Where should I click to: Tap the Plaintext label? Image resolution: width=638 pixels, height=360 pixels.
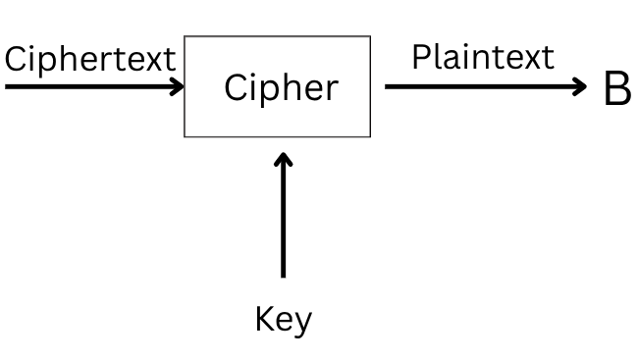(482, 56)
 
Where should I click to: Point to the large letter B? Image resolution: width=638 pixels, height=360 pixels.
(616, 89)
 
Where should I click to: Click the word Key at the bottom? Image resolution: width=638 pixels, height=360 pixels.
(283, 321)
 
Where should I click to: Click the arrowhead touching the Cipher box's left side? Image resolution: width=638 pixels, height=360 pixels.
(178, 86)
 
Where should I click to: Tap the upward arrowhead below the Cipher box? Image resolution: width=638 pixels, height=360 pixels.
(284, 159)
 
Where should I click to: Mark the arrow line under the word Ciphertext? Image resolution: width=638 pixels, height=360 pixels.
(88, 86)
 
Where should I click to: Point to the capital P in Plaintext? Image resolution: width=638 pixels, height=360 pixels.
(420, 56)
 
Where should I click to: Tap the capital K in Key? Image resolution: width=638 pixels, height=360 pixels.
(264, 320)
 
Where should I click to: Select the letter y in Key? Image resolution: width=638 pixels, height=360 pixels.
(301, 324)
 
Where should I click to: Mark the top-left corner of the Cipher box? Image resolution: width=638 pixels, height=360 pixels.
(186, 37)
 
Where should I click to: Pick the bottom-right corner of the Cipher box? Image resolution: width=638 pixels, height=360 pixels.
(371, 136)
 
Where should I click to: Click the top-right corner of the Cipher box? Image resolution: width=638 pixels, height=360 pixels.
(371, 37)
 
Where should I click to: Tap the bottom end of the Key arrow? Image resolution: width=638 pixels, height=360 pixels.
(284, 277)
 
